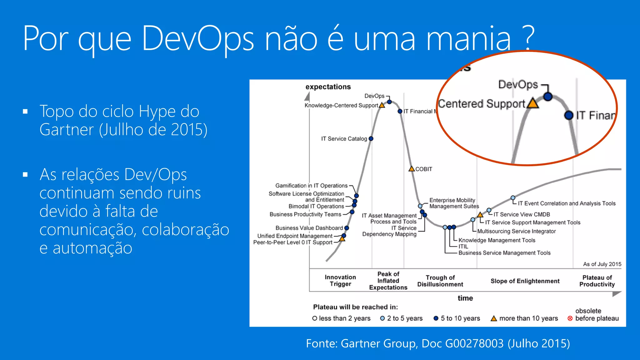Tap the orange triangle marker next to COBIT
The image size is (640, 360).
(x=412, y=169)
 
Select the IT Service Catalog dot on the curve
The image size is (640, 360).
(x=371, y=139)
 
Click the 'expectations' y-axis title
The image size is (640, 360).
(x=328, y=87)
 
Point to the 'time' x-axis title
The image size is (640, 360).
(x=465, y=298)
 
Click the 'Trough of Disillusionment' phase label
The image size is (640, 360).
(x=440, y=281)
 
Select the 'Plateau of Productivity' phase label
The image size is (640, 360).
(x=597, y=281)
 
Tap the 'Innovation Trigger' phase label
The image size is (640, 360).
(x=340, y=281)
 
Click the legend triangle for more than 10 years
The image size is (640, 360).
(x=494, y=318)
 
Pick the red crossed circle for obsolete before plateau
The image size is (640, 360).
(x=570, y=318)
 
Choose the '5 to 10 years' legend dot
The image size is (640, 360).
(x=436, y=318)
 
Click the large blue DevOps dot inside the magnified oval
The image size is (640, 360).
(x=547, y=97)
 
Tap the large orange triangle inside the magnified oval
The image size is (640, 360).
(x=533, y=103)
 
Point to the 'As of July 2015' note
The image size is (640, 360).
(x=602, y=264)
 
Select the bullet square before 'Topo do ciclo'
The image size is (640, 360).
(x=25, y=112)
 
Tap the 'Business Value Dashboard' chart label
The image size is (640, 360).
(x=309, y=228)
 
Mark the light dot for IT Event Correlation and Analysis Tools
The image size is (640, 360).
(x=513, y=198)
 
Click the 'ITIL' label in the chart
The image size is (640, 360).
(x=463, y=247)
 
